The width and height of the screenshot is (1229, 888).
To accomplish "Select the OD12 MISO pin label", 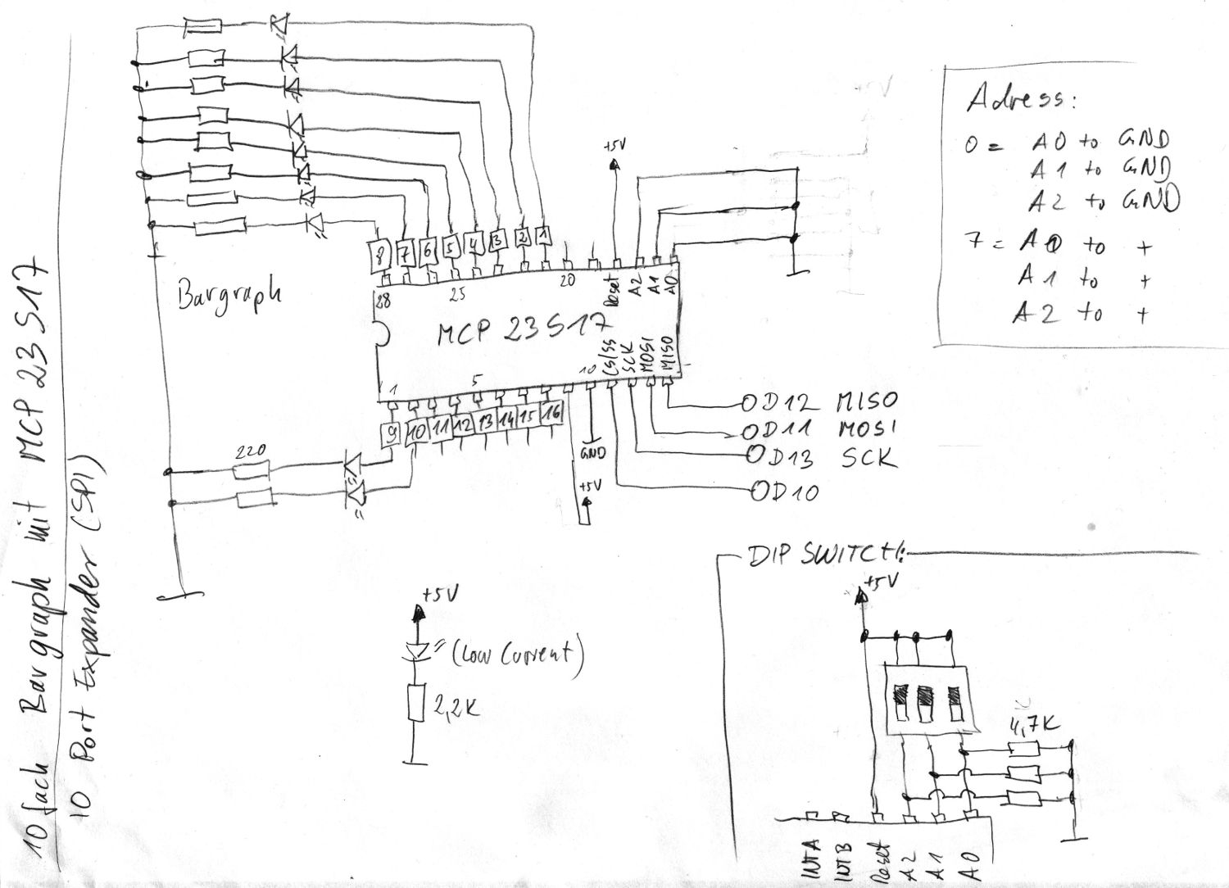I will point(819,401).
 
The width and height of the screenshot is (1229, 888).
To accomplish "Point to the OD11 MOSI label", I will point(819,428).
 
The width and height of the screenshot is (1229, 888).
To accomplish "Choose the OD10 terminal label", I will point(785,492).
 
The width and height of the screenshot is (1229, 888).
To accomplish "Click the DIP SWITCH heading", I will point(823,555).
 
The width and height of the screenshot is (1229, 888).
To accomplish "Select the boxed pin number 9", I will point(393,431).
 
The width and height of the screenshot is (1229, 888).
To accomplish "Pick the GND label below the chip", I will point(592,452).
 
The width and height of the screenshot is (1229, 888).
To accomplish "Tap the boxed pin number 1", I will point(543,236).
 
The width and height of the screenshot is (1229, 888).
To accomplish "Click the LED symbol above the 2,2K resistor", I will point(418,651).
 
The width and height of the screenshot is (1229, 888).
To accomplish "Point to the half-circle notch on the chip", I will point(382,334).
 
